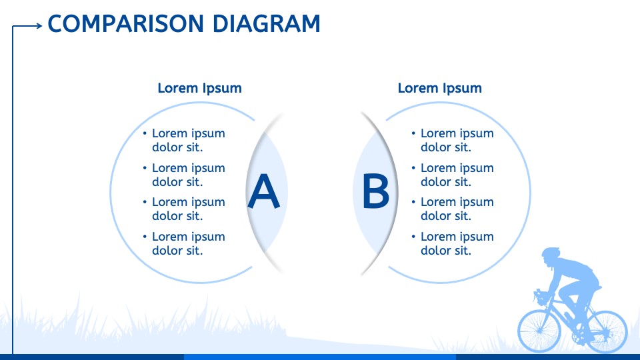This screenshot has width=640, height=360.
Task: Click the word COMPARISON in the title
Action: point(126,24)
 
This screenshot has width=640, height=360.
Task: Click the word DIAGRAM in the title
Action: point(267,24)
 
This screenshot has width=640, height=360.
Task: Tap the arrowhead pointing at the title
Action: point(39,26)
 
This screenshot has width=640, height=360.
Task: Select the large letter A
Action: point(264,191)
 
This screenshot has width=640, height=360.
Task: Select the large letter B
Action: point(375,191)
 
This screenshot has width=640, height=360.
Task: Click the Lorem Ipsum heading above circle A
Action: point(199,88)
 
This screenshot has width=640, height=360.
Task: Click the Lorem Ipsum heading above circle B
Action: point(439,88)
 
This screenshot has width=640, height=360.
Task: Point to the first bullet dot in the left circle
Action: point(145,133)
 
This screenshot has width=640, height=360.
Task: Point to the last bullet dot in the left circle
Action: point(145,236)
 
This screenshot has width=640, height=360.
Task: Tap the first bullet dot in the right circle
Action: point(413,133)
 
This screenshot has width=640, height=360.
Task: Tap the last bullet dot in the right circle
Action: point(413,236)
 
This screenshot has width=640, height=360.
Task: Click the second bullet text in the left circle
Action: point(189,175)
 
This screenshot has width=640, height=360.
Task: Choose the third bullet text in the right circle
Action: point(457,209)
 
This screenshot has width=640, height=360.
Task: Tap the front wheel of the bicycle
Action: point(539,331)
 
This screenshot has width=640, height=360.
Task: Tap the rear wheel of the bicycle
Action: point(605,331)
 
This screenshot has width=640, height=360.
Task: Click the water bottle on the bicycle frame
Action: point(568,316)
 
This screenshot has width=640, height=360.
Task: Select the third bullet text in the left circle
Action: point(189,209)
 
